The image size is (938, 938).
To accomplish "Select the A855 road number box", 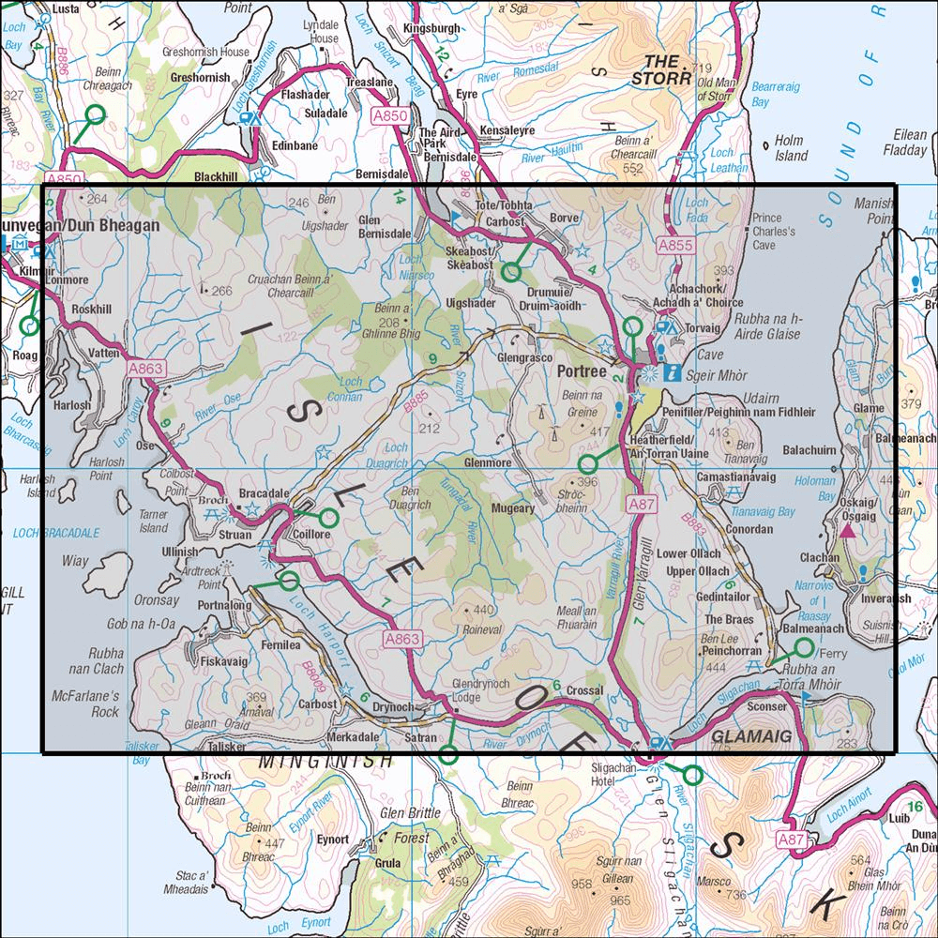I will [x=674, y=245].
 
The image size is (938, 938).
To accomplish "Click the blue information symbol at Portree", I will [x=671, y=373].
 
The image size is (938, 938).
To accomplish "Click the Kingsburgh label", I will [x=431, y=29].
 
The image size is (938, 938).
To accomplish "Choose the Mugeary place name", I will [x=513, y=507].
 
